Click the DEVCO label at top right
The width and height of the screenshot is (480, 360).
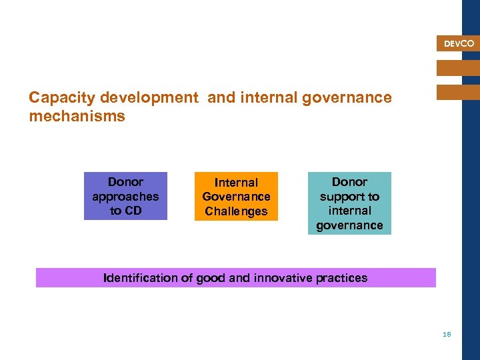pos(459,44)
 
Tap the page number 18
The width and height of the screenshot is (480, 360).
pos(447,334)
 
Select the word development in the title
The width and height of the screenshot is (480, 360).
pos(149,98)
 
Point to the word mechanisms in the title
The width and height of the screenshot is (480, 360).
pos(77,117)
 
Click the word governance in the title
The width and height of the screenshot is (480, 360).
pos(347,98)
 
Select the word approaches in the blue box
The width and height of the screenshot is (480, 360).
pos(125,197)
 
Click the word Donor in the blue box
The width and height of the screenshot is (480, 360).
pos(125,182)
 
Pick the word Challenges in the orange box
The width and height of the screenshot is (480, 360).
pos(236,212)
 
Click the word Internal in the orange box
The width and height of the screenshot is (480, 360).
pos(236,183)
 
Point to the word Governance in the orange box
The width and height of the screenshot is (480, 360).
pos(236,197)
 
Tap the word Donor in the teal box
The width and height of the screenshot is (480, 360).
pos(349,182)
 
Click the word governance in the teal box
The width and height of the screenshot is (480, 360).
pos(349,225)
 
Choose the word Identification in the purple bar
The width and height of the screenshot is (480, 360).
pos(140,278)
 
